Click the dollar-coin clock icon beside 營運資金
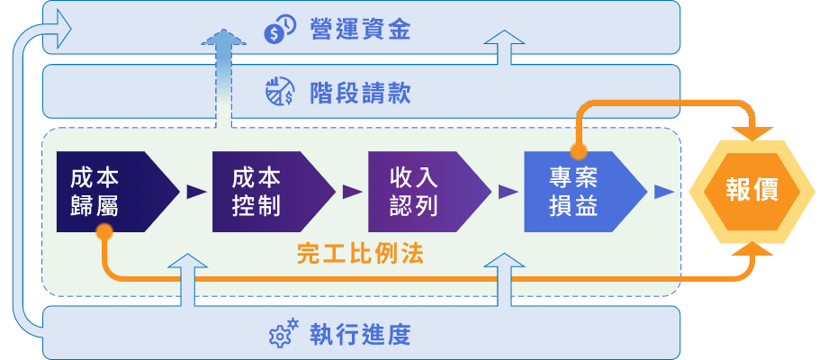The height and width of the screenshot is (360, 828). coord(279,31)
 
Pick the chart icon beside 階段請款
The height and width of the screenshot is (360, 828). coord(280,92)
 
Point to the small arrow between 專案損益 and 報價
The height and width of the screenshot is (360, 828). coord(664,192)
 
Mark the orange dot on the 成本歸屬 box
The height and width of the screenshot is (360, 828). coord(104,232)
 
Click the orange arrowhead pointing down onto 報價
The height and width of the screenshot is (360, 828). coord(752,133)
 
